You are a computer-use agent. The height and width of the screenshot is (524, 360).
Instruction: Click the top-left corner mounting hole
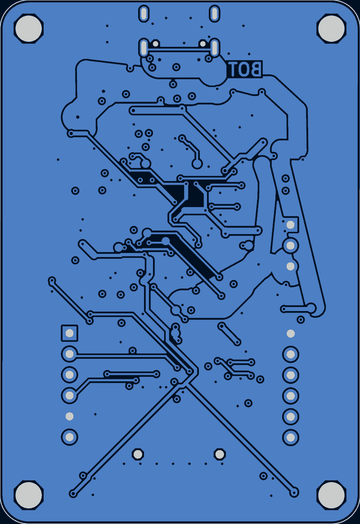29,28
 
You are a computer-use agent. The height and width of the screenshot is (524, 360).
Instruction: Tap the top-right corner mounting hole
331,28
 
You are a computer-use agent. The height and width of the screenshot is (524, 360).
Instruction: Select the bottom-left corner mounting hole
29,495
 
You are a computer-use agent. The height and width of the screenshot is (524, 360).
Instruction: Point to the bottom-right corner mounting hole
331,495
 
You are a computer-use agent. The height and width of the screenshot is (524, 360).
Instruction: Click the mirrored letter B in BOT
256,69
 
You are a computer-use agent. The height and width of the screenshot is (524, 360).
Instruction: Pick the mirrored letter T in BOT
233,69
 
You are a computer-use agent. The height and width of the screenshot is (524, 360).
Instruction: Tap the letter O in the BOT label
243,69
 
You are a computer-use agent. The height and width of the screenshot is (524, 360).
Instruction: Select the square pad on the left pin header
69,333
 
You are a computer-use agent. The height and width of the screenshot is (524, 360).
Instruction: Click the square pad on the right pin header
291,225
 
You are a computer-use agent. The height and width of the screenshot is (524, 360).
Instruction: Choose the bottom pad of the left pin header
69,437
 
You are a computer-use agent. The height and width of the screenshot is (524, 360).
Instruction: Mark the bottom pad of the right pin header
291,437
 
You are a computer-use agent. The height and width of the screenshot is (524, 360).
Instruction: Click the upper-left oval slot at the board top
144,14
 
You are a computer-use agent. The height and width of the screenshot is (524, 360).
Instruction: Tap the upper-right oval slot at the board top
214,14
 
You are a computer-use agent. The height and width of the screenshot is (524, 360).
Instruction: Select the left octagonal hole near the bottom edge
138,455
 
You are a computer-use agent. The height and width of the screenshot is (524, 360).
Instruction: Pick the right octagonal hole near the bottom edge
220,455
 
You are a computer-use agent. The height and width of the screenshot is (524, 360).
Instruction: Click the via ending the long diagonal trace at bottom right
294,492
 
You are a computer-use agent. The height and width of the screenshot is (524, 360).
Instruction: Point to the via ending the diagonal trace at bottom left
73,493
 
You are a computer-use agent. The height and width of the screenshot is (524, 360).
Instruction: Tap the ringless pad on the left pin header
69,416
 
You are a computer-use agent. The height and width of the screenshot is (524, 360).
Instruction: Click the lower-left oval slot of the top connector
144,48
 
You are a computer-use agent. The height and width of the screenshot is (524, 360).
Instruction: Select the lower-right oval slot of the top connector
214,48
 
